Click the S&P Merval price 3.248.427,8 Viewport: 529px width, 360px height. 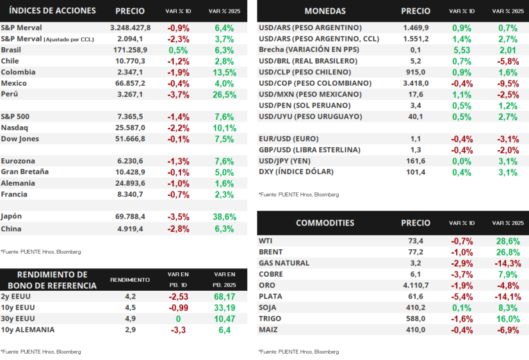tap(130, 28)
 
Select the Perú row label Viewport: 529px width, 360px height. tap(10, 94)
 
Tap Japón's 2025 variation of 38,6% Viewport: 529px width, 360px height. tap(224, 217)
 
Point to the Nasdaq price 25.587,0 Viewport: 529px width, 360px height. tap(130, 128)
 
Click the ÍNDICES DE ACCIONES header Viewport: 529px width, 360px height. tap(53, 11)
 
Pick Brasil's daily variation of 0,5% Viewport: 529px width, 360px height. tap(178, 50)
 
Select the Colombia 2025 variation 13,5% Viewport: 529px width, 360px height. tap(224, 72)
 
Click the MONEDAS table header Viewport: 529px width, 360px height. tap(325, 11)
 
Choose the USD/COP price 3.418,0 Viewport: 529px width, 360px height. tap(416, 83)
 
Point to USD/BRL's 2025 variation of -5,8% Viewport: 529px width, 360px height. tap(508, 61)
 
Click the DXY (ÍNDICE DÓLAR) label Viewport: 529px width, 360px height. tap(296, 172)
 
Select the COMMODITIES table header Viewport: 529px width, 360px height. tap(325, 223)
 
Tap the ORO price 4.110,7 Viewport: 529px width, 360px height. tap(416, 286)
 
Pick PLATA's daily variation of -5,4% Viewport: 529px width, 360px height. tap(462, 297)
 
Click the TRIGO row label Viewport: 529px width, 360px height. tap(270, 319)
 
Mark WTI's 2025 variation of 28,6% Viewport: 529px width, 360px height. tap(508, 241)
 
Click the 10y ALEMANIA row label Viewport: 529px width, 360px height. tap(28, 330)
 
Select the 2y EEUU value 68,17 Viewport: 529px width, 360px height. tap(224, 297)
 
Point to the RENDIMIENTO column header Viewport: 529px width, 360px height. tap(130, 280)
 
